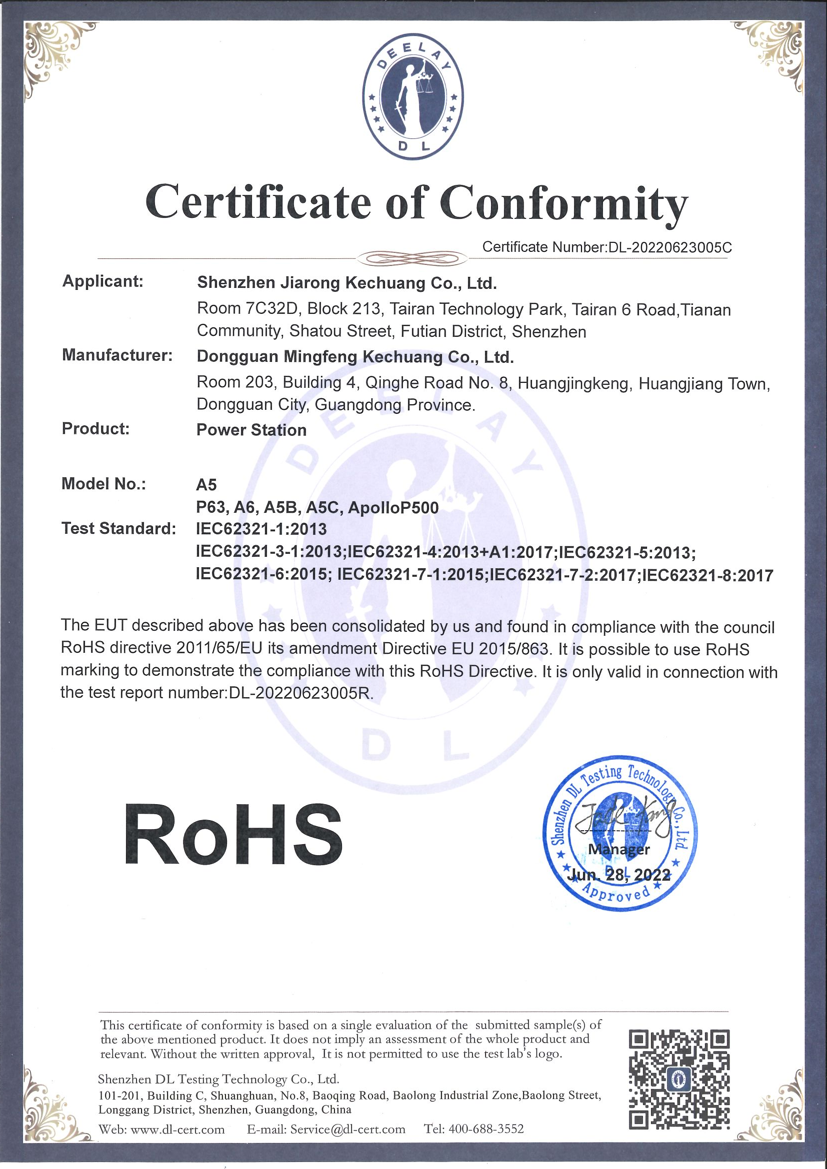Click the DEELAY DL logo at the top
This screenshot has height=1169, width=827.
pyautogui.click(x=413, y=97)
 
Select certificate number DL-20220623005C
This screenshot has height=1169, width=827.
pyautogui.click(x=667, y=247)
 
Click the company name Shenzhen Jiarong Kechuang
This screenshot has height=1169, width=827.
pyautogui.click(x=346, y=283)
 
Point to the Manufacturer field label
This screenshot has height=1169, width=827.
pyautogui.click(x=117, y=355)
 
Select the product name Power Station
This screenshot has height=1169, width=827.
pyautogui.click(x=251, y=430)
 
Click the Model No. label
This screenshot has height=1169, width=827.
pyautogui.click(x=103, y=484)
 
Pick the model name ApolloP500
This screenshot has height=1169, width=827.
pyautogui.click(x=392, y=508)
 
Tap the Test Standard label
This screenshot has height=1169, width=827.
pyautogui.click(x=118, y=528)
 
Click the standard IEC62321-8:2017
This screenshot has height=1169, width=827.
pyautogui.click(x=708, y=576)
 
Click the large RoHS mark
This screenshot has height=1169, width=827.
pyautogui.click(x=232, y=836)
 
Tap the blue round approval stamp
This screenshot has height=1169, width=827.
pyautogui.click(x=619, y=835)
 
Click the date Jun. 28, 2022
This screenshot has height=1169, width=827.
pyautogui.click(x=618, y=875)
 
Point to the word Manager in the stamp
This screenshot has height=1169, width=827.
pyautogui.click(x=618, y=849)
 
